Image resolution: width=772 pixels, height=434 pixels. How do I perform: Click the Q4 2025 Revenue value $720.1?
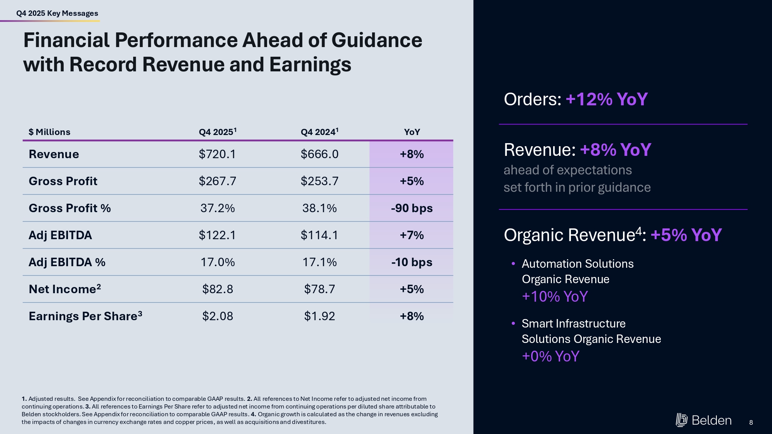pyautogui.click(x=217, y=154)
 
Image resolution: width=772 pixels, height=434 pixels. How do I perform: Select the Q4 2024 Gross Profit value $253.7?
pyautogui.click(x=319, y=181)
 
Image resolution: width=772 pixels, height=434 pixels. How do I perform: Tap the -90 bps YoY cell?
pyautogui.click(x=411, y=208)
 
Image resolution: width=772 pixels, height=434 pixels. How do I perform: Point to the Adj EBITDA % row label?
pyautogui.click(x=67, y=262)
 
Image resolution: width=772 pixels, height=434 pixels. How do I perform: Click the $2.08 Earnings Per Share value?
pyautogui.click(x=217, y=316)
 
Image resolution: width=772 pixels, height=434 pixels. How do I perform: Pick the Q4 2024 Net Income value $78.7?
pyautogui.click(x=319, y=289)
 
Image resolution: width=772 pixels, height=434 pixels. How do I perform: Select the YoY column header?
pyautogui.click(x=411, y=132)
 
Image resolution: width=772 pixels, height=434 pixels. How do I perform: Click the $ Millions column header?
pyautogui.click(x=49, y=132)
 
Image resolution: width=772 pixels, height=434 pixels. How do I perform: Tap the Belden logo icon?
pyautogui.click(x=681, y=420)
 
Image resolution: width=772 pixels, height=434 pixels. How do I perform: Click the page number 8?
pyautogui.click(x=751, y=422)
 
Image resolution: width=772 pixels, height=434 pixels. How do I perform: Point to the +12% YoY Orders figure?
pyautogui.click(x=606, y=100)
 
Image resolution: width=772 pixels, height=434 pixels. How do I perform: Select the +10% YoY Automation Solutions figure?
pyautogui.click(x=555, y=297)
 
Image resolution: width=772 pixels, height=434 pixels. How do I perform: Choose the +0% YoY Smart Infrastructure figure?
pyautogui.click(x=550, y=356)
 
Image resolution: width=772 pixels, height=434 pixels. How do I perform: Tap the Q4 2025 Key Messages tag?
pyautogui.click(x=57, y=14)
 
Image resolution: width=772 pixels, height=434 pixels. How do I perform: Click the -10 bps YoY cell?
pyautogui.click(x=411, y=262)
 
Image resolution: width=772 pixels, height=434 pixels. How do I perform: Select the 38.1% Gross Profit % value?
pyautogui.click(x=319, y=208)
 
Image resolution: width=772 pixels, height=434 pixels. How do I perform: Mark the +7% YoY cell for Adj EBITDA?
pyautogui.click(x=411, y=235)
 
